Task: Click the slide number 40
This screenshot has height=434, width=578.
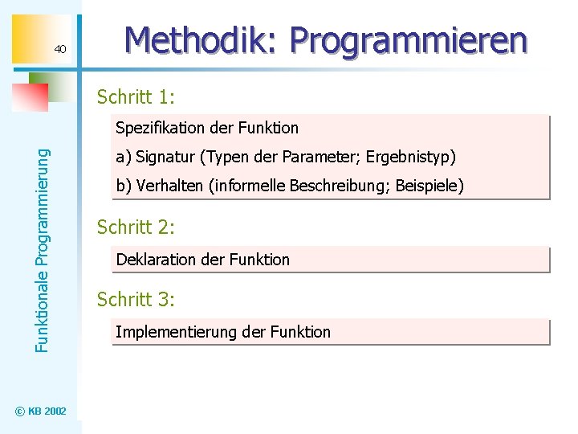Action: [60, 51]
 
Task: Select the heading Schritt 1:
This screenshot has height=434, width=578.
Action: [136, 98]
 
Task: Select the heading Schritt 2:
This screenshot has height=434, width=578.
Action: [136, 227]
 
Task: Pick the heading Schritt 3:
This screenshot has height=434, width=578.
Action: [136, 300]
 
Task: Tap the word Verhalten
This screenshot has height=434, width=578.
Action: [170, 186]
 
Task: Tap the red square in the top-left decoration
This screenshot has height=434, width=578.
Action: [31, 98]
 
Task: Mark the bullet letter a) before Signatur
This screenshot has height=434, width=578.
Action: [124, 157]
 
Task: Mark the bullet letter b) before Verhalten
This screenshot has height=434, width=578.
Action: [124, 186]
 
